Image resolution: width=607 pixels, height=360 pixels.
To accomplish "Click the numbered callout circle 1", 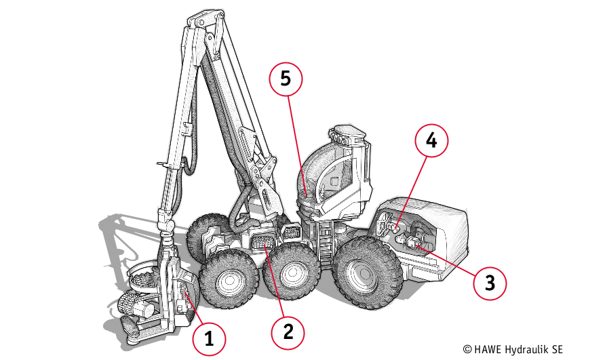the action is (209, 339).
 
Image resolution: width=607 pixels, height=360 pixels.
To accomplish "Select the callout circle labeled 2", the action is (288, 332).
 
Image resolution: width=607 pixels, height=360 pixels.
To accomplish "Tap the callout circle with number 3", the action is (490, 283).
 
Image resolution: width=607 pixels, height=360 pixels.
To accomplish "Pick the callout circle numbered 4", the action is (431, 140).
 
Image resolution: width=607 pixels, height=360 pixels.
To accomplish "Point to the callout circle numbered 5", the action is (286, 79).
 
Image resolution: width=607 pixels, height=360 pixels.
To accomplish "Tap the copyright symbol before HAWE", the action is (467, 350).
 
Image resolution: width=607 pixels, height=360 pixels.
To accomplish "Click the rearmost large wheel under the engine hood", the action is (367, 272).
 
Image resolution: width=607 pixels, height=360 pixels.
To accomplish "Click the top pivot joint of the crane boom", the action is (205, 20).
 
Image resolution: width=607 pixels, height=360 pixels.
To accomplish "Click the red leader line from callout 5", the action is (297, 145).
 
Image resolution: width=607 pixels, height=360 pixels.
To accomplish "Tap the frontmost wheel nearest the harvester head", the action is (229, 279).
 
